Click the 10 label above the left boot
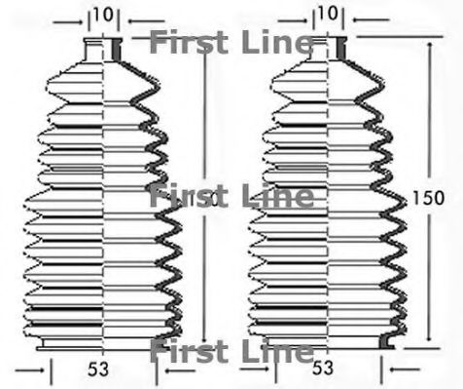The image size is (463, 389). [x=103, y=15]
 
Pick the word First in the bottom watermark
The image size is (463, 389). [x=194, y=350]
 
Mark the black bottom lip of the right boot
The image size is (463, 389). [x=386, y=344]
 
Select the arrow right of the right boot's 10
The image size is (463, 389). [x=351, y=17]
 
